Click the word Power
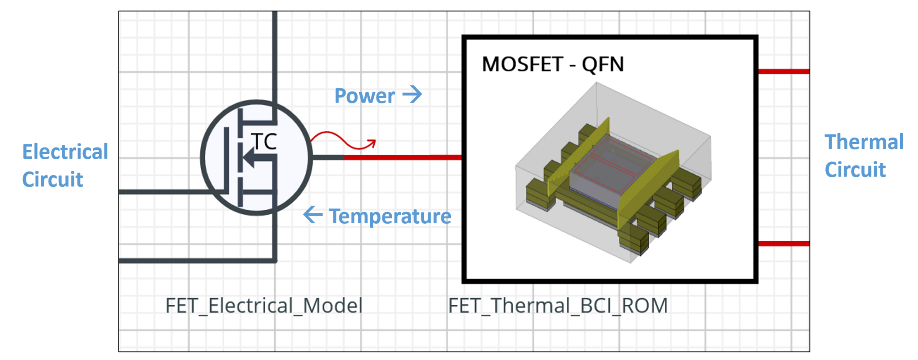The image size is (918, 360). click(x=364, y=96)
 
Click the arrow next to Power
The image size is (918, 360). click(x=412, y=95)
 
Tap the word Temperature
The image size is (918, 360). click(x=390, y=217)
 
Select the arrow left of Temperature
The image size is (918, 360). click(x=313, y=215)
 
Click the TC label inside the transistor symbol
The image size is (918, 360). click(x=264, y=142)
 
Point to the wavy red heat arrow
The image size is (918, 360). click(x=343, y=140)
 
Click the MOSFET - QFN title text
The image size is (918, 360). click(x=553, y=64)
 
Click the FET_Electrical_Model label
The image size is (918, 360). click(x=264, y=306)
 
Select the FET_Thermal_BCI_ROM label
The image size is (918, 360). click(x=558, y=306)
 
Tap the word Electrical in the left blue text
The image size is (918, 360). click(x=65, y=152)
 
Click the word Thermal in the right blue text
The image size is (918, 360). click(x=864, y=142)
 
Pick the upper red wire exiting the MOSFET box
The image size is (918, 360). click(x=784, y=71)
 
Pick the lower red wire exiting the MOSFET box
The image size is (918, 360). click(x=784, y=243)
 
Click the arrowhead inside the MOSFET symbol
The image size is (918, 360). click(x=250, y=158)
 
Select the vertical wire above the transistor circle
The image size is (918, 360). click(x=275, y=54)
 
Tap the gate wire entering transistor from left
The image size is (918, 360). click(x=166, y=192)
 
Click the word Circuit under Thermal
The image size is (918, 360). click(x=855, y=170)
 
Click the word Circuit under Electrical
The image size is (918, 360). click(x=52, y=180)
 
